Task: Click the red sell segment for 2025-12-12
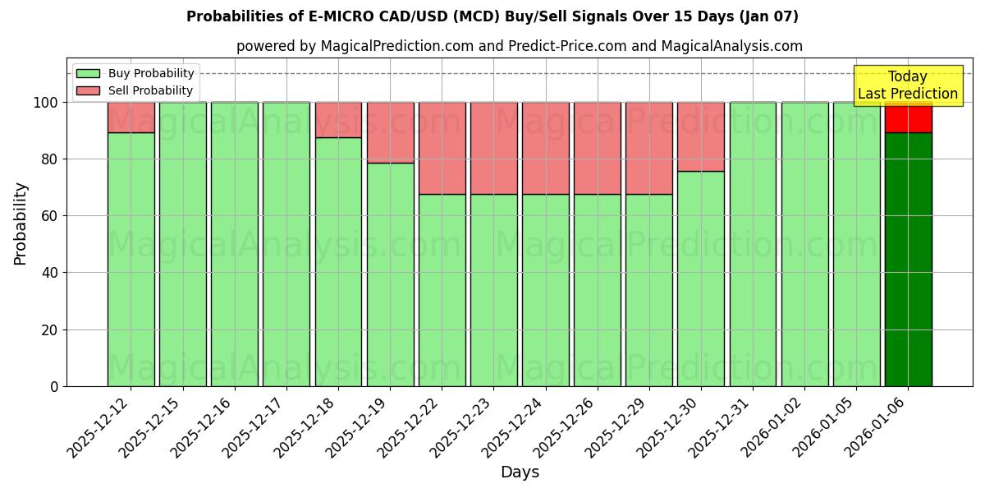tap(131, 117)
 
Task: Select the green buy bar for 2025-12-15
tap(182, 244)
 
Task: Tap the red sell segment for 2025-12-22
tap(442, 148)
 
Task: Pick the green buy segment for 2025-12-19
tap(390, 274)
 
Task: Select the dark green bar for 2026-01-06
tap(908, 259)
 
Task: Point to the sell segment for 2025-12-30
tap(700, 136)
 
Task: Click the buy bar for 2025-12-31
tap(753, 244)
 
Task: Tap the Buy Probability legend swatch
tap(88, 73)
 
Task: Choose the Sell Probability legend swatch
tap(88, 90)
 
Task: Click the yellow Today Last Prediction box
tap(907, 85)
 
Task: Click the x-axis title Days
tap(520, 472)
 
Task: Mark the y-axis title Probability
tap(21, 223)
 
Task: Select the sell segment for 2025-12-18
tap(338, 119)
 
